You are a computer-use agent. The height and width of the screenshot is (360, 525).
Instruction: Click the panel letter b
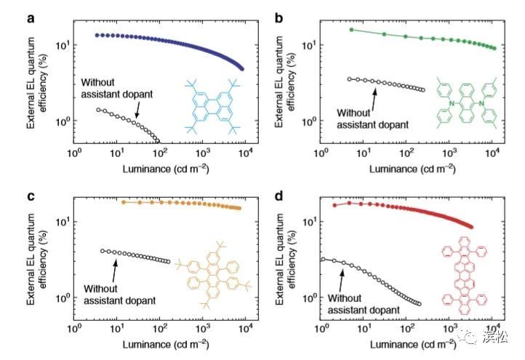pos(278,9)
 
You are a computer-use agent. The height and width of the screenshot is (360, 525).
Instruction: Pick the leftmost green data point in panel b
pos(351,30)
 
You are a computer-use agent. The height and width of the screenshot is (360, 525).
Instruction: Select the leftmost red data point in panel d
pos(334,205)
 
